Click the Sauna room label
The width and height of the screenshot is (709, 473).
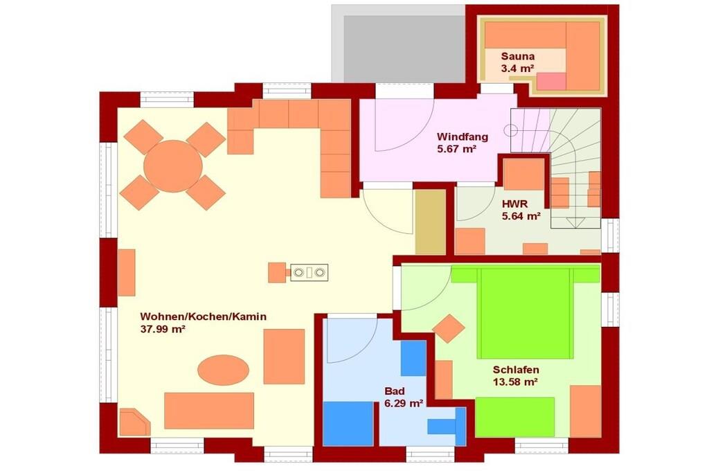517,57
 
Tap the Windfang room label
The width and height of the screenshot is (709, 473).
462,136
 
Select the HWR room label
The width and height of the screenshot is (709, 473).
514,204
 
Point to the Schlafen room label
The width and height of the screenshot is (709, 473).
515,370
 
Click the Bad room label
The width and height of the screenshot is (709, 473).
394,391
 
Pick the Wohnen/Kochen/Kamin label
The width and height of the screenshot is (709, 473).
203,316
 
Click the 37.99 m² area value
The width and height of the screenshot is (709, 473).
163,329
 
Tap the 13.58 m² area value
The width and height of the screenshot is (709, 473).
515,382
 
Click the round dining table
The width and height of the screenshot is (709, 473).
172,166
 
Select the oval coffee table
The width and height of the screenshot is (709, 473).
224,370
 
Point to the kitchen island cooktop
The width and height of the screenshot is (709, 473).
309,273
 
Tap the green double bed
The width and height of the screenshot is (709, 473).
525,313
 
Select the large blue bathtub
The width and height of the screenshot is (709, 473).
348,424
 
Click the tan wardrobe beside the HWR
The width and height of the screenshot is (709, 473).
431,222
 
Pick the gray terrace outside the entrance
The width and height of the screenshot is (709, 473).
398,44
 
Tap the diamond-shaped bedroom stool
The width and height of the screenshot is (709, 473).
448,329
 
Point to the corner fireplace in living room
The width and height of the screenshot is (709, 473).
134,422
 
